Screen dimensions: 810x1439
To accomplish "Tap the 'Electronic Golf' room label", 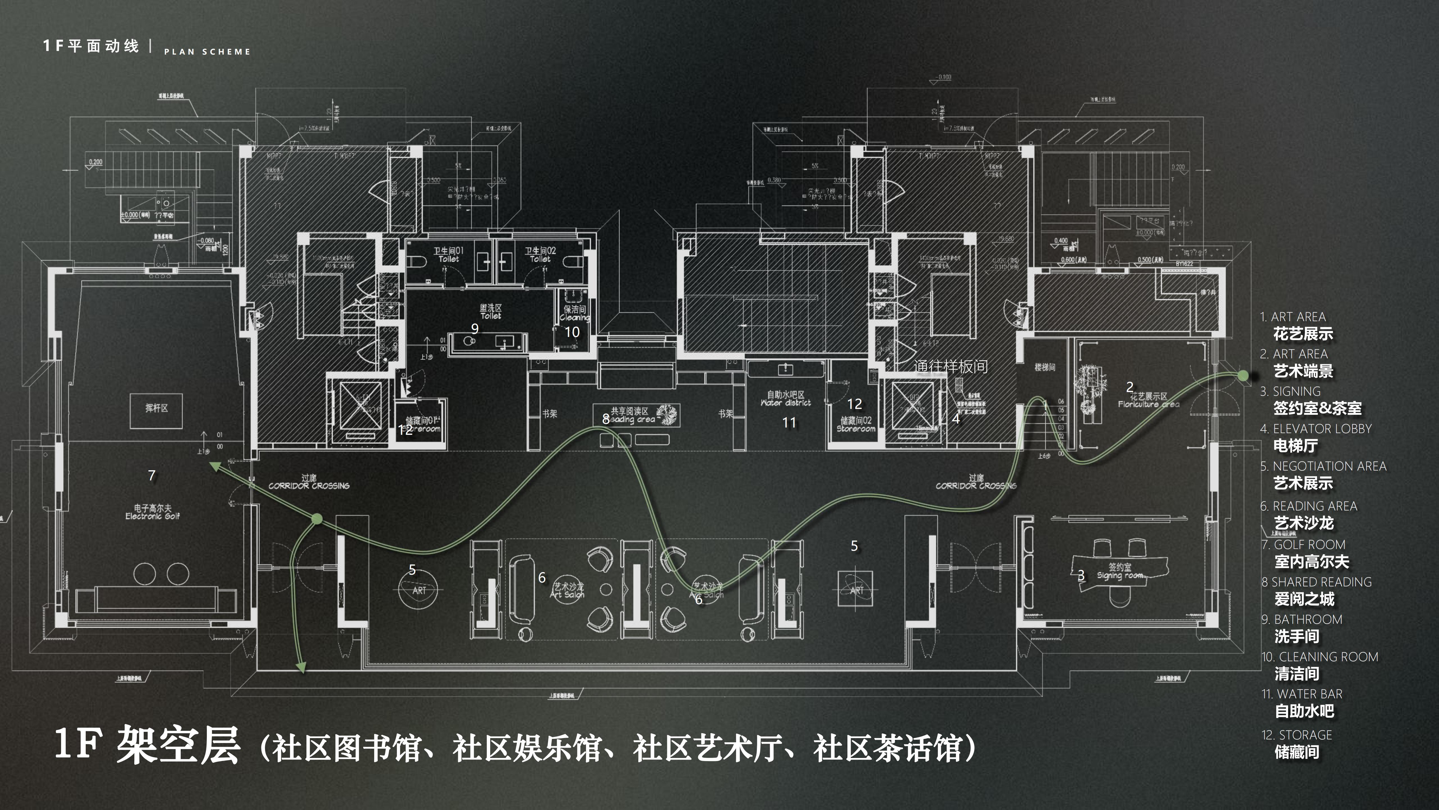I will [153, 512].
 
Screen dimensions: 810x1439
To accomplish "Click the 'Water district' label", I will [786, 399].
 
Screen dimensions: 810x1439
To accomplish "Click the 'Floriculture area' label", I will [1148, 400].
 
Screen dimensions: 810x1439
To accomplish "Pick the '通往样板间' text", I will [951, 367].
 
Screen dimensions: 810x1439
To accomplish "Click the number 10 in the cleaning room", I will [572, 332].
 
